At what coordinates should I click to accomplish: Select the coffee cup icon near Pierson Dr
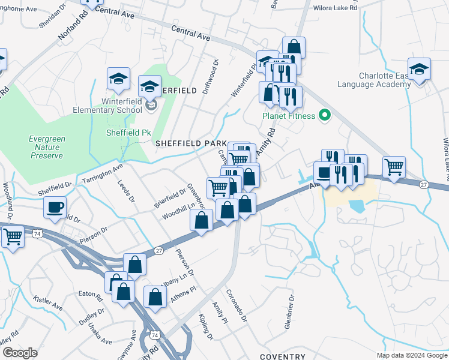point(55,208)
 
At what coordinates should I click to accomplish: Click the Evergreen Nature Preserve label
point(46,147)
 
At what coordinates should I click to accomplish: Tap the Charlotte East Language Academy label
point(385,80)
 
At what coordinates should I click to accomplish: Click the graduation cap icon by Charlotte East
point(419,69)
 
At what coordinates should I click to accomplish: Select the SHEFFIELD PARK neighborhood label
point(191,143)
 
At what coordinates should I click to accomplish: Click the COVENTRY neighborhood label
point(282,356)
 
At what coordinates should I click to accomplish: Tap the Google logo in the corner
point(19,353)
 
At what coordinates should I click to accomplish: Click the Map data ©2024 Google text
point(412,355)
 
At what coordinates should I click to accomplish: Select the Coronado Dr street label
point(236,305)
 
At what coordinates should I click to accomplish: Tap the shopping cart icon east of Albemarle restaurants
point(394,167)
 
